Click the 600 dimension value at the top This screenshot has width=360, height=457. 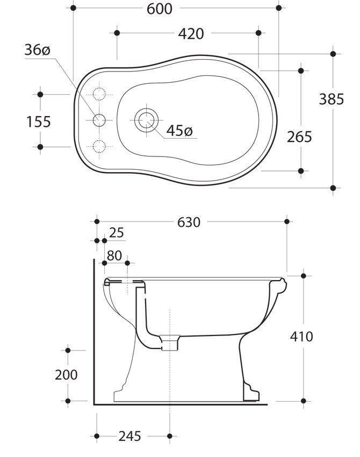[160, 9]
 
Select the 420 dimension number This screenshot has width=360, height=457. [191, 34]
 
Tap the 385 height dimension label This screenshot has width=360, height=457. [331, 99]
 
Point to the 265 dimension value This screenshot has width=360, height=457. [299, 137]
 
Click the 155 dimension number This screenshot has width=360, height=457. [39, 122]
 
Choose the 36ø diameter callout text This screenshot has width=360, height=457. [37, 50]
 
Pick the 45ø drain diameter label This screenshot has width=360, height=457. [179, 131]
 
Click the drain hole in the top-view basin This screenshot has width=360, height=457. [146, 120]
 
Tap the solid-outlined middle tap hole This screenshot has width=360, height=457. [99, 119]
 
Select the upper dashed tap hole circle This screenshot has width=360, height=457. [99, 94]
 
